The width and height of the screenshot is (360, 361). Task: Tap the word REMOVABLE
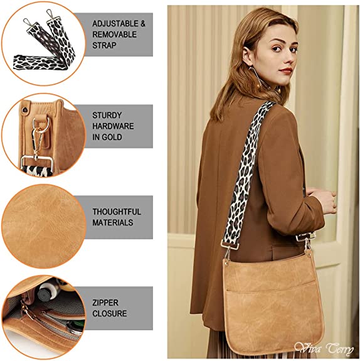[x=115, y=35]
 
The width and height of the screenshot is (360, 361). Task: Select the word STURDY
[x=107, y=115]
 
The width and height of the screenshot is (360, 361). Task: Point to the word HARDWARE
[x=113, y=126]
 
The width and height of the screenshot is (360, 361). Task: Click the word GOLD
[x=112, y=137]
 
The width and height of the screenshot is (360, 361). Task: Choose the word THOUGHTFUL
[x=117, y=212]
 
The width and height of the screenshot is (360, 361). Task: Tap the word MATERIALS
[x=113, y=223]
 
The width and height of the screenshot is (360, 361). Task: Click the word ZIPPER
[x=105, y=303]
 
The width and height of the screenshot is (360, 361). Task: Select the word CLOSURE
[x=110, y=313]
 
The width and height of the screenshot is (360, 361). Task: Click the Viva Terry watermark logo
[x=324, y=349]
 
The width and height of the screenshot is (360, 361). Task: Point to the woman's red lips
[x=287, y=70]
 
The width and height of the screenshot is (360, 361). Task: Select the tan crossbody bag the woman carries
[x=273, y=301]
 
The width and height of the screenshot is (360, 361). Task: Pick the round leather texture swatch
[x=44, y=227]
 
